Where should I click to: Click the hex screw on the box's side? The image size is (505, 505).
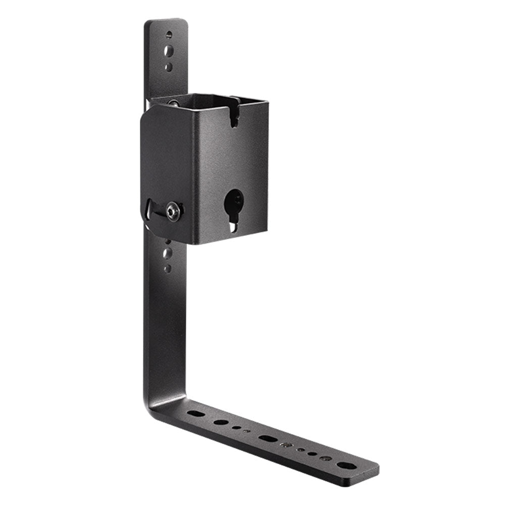pyautogui.click(x=173, y=211)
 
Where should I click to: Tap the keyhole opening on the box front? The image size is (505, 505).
pyautogui.click(x=233, y=205)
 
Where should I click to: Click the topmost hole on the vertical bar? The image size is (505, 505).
pyautogui.click(x=169, y=35)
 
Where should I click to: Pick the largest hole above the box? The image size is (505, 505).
pyautogui.click(x=169, y=51)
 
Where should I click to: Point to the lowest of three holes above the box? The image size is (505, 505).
pyautogui.click(x=169, y=67)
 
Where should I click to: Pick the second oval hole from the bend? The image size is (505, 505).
pyautogui.click(x=220, y=422)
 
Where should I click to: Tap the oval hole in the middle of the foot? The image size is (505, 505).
pyautogui.click(x=268, y=438)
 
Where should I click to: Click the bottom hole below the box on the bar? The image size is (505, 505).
pyautogui.click(x=168, y=268)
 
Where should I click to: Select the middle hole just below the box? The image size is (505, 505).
pyautogui.click(x=168, y=254)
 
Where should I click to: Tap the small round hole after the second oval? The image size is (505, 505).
pyautogui.click(x=236, y=427)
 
